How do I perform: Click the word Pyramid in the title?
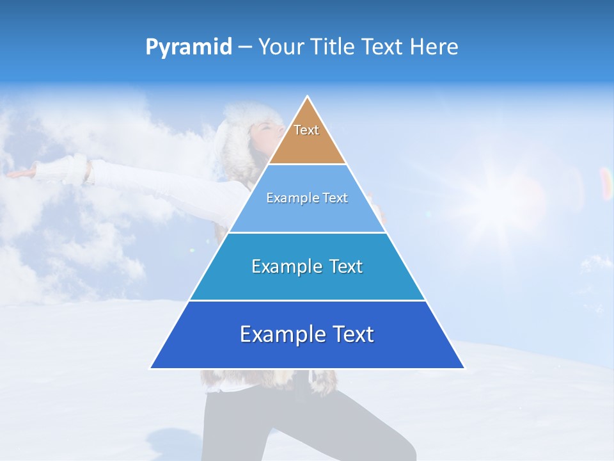point(189,47)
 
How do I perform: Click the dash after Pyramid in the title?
point(245,47)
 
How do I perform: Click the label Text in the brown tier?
point(306,130)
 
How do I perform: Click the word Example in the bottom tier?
point(281,334)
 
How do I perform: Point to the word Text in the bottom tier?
point(352,334)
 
